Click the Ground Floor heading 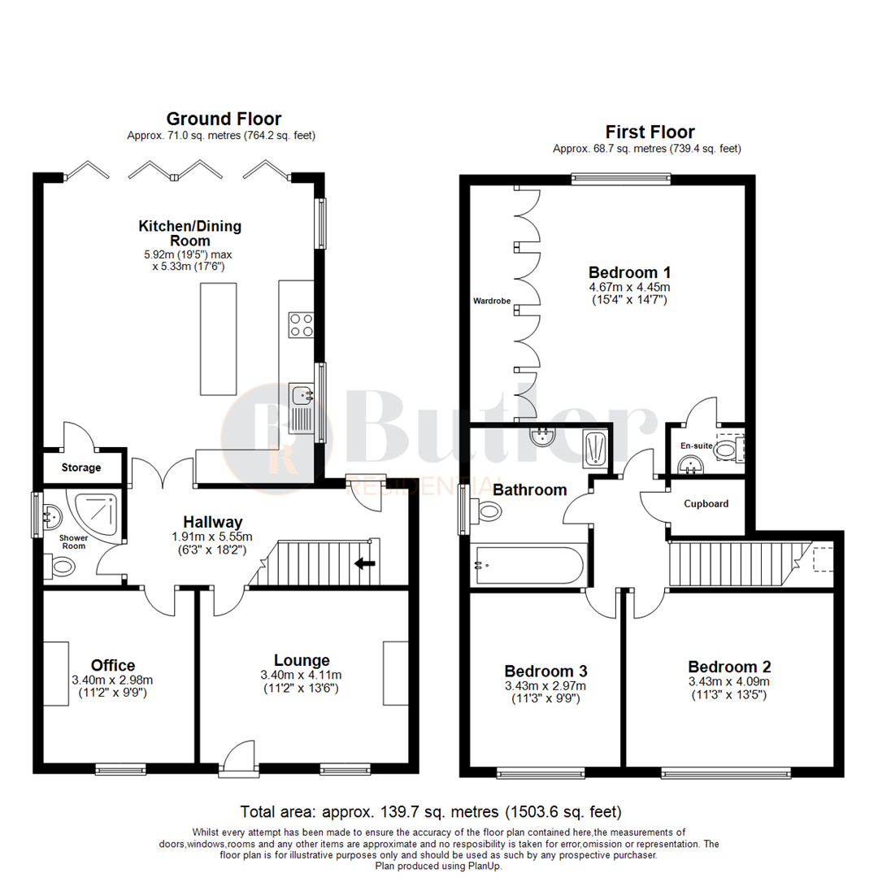224,119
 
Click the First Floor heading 650,132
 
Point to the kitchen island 218,339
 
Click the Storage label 81,467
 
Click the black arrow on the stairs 365,562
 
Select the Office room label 114,666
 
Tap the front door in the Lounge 240,756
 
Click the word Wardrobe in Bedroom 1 492,301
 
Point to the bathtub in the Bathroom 528,564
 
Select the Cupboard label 706,503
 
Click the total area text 431,811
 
